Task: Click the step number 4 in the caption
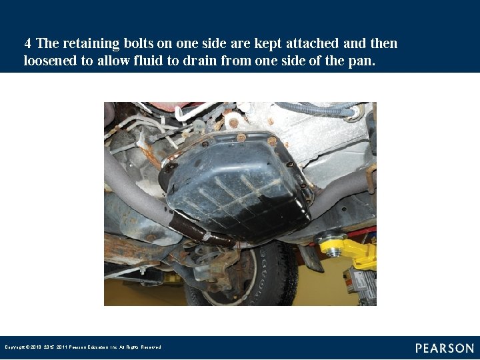27,44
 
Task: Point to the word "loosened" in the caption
51,61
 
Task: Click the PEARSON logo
445,348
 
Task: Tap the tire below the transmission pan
267,280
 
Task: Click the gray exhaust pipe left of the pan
133,193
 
